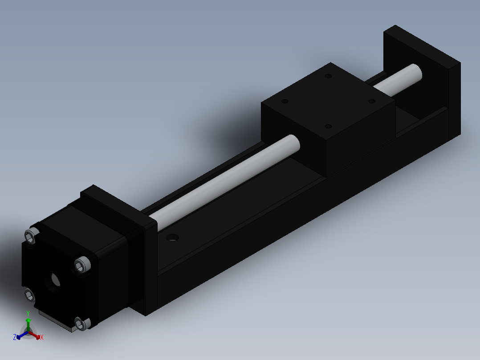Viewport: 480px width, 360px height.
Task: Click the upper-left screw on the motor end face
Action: [x=31, y=236]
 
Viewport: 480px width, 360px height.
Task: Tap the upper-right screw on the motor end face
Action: [x=82, y=265]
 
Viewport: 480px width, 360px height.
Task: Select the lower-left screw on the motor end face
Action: [x=30, y=295]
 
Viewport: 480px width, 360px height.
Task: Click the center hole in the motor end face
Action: [x=55, y=279]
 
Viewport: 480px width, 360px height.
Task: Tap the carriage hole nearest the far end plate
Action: [x=329, y=76]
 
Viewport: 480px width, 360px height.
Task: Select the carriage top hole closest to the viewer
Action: [x=328, y=127]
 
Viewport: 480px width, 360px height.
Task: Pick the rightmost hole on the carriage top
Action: [x=371, y=101]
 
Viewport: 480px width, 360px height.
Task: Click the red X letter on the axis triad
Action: [x=42, y=338]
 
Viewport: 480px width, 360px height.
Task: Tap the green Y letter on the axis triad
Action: [x=28, y=313]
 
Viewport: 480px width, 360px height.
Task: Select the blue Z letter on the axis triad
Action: [x=15, y=337]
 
